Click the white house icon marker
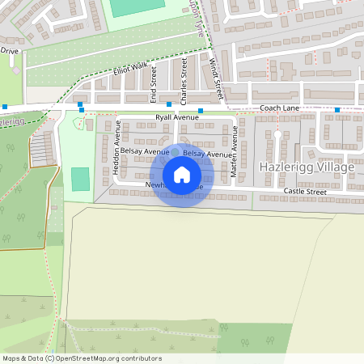(x=182, y=175)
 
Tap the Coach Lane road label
(x=280, y=108)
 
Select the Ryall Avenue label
(x=176, y=117)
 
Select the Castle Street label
(x=305, y=192)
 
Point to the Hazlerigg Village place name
(x=307, y=167)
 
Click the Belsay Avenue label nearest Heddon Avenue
(x=145, y=151)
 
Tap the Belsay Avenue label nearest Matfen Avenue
(x=207, y=154)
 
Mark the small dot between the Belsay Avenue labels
(x=175, y=151)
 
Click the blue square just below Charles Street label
(x=168, y=104)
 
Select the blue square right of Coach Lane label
(x=336, y=109)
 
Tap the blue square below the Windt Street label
(x=200, y=110)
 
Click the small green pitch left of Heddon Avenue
(x=80, y=179)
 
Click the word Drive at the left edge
(x=9, y=50)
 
